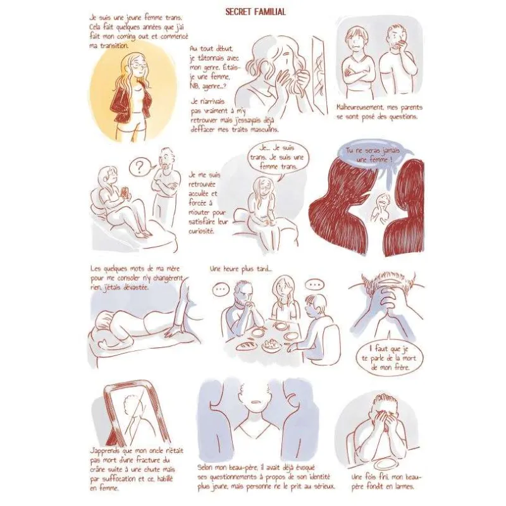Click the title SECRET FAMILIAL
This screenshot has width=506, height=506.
tap(256, 12)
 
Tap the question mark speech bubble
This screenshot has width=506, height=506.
tap(140, 167)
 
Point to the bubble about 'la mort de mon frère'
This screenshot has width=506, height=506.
tap(388, 358)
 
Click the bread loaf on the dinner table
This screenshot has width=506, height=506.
tap(247, 346)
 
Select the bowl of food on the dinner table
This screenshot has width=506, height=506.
tap(271, 345)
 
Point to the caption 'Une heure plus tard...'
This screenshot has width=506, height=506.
tap(241, 269)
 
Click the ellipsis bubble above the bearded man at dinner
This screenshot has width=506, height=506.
tap(220, 289)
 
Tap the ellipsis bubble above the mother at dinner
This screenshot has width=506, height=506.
tap(314, 285)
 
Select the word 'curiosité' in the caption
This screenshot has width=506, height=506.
tap(201, 231)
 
